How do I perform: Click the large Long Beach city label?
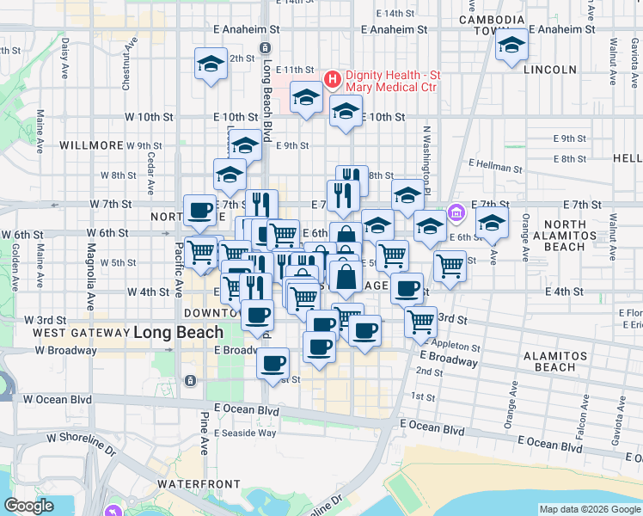(x=179, y=332)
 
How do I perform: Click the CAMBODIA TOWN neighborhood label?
(x=491, y=25)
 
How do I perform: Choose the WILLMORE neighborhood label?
(x=92, y=145)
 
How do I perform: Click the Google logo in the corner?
(x=29, y=506)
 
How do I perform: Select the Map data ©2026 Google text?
(x=589, y=509)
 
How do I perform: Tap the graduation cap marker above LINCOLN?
(x=511, y=46)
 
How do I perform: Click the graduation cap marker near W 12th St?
(x=211, y=64)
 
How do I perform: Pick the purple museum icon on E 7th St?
(x=456, y=212)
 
